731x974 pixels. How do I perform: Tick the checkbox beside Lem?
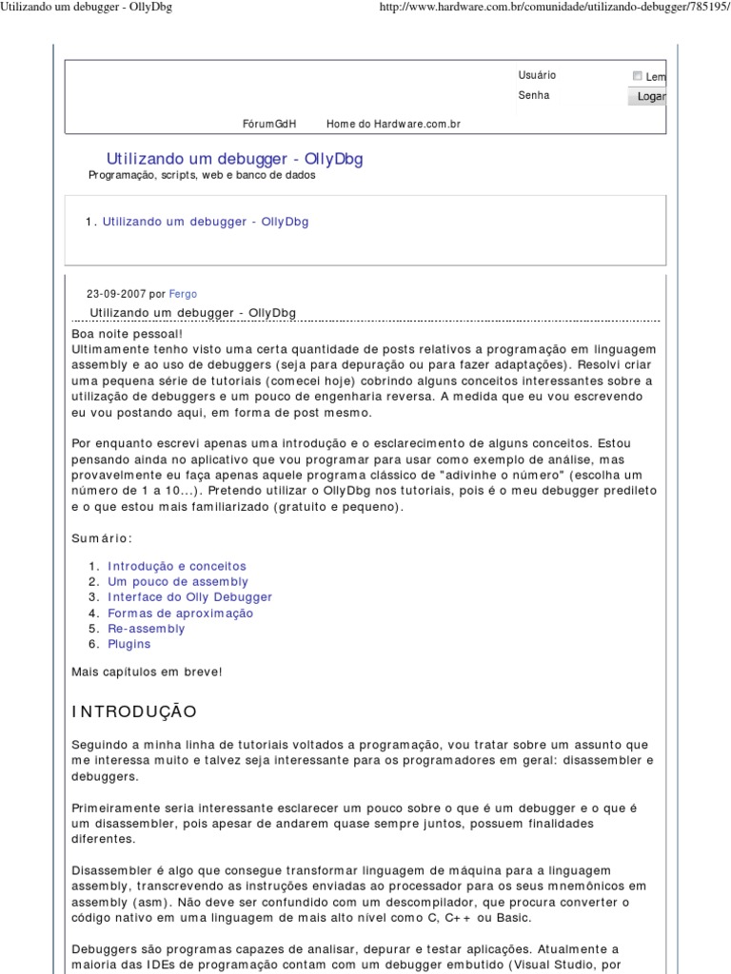point(637,76)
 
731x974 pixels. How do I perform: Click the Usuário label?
point(537,75)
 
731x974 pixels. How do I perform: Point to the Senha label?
point(533,95)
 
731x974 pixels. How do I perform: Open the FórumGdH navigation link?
point(269,124)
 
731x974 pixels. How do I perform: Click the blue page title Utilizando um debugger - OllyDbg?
point(234,159)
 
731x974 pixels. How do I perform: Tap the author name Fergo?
point(183,294)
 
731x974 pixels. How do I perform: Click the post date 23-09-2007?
point(116,294)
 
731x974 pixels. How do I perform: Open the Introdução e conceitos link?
point(177,566)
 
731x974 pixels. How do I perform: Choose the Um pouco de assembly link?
point(178,581)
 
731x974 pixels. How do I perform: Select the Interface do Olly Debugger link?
point(189,597)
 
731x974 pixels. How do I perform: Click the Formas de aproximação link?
point(180,614)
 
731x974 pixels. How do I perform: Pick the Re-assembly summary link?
point(147,629)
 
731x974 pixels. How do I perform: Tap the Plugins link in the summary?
point(129,644)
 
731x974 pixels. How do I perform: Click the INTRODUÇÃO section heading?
point(134,711)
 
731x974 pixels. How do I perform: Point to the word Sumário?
point(98,538)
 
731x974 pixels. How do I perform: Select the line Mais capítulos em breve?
point(147,672)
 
